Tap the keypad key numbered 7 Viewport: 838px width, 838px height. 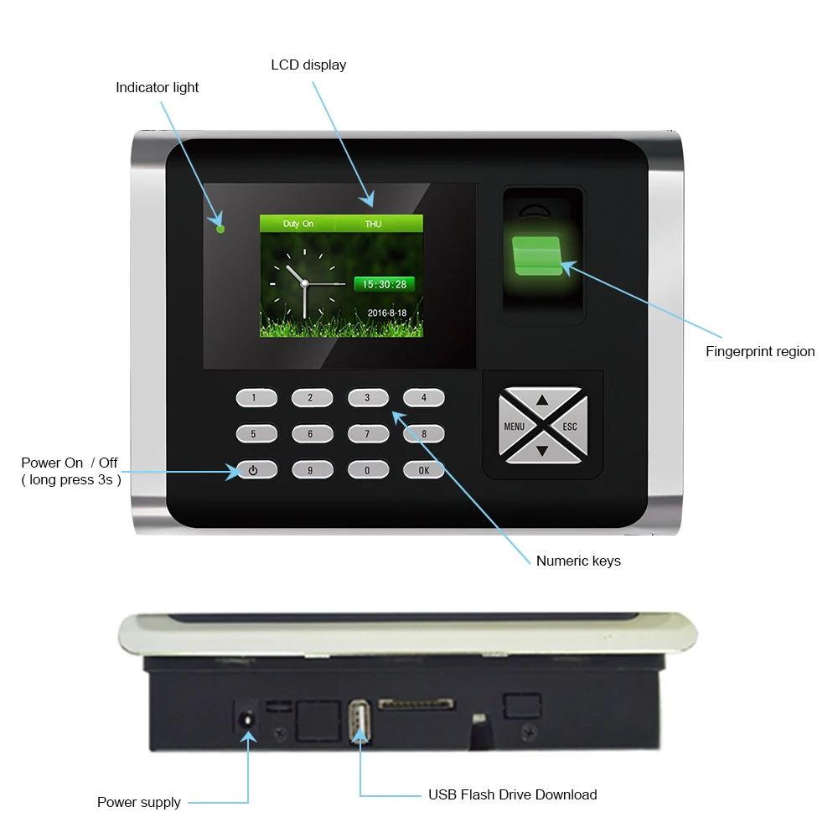tap(366, 434)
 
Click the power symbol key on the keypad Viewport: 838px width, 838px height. tap(252, 470)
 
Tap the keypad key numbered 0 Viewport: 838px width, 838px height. tap(366, 470)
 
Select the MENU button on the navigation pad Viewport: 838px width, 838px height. tap(514, 427)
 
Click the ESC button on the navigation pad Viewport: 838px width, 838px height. tap(570, 427)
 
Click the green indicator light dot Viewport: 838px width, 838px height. tap(220, 228)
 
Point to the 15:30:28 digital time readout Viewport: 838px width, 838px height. tap(384, 284)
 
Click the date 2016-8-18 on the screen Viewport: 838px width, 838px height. tap(386, 313)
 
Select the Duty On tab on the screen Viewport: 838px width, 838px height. tap(297, 224)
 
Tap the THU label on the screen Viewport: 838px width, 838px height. tap(373, 224)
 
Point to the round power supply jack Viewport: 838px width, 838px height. tap(246, 720)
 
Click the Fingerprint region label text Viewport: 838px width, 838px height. tap(760, 351)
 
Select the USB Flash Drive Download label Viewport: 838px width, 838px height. tap(512, 794)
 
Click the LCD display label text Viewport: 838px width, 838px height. tap(308, 65)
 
